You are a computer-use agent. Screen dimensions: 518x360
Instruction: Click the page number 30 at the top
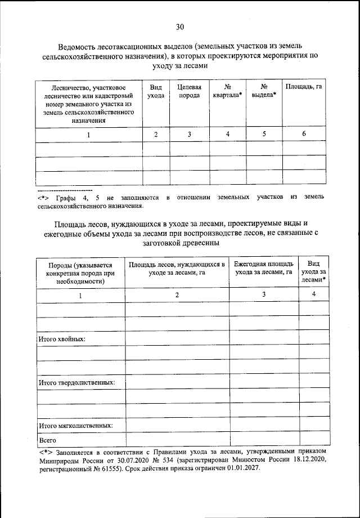pos(180,26)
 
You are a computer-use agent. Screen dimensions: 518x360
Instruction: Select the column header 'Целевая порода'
pos(189,92)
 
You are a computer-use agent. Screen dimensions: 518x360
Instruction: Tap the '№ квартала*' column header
pos(228,92)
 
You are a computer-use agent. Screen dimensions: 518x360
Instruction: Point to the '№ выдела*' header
pos(263,92)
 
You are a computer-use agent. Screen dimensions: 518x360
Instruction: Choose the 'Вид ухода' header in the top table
pos(156,92)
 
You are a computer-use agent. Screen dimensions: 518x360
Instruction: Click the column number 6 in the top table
pos(303,134)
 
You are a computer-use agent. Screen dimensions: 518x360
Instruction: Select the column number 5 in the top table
pos(263,134)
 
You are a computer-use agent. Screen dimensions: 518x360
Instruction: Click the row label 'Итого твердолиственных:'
pos(76,382)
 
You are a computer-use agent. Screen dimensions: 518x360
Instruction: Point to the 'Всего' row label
pos(46,440)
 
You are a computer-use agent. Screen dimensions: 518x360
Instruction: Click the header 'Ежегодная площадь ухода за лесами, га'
pos(263,268)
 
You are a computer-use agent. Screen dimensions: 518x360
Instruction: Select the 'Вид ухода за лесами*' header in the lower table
pos(314,271)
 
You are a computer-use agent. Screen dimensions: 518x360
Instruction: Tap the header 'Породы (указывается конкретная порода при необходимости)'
pos(80,273)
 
